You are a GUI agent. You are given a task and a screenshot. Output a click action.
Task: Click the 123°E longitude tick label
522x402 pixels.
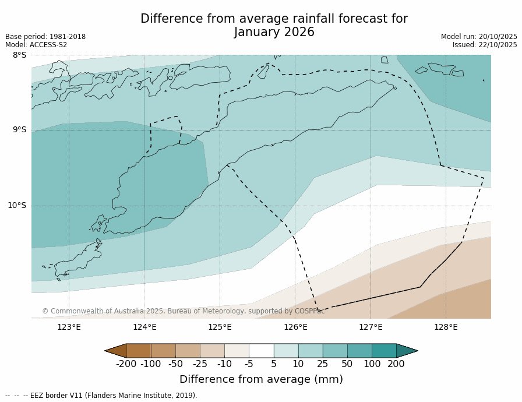69,327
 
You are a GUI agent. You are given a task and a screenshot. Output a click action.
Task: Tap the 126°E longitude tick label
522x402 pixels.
295,327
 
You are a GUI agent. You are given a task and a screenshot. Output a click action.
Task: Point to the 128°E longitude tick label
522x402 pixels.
446,327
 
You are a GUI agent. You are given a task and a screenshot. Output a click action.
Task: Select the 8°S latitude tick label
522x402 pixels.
20,55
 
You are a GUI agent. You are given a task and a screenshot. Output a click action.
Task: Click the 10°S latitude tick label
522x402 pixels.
17,206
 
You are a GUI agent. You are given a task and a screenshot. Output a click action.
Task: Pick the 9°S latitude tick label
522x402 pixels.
20,130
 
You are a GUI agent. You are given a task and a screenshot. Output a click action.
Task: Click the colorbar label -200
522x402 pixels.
126,364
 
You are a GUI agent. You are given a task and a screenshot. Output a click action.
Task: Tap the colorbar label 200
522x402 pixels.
396,364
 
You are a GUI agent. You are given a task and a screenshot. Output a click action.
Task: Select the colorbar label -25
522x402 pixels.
200,364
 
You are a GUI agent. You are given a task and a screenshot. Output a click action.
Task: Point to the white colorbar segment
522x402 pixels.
261,351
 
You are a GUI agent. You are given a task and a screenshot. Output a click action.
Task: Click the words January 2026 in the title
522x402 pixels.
274,33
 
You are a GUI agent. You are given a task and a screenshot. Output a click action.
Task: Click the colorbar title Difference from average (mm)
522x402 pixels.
261,379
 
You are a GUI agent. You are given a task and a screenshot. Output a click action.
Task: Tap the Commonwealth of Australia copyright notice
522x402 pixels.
183,311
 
